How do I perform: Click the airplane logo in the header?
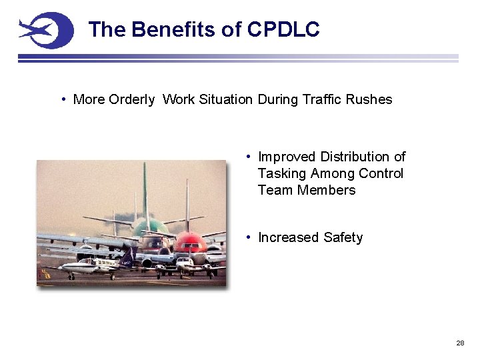click(45, 30)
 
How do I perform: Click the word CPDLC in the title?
click(283, 29)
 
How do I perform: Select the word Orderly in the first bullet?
click(131, 99)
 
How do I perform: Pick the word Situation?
click(227, 99)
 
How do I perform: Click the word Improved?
click(287, 157)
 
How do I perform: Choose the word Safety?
click(343, 237)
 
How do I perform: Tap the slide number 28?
click(460, 343)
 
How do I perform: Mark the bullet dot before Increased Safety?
click(248, 237)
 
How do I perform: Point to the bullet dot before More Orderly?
click(63, 99)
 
